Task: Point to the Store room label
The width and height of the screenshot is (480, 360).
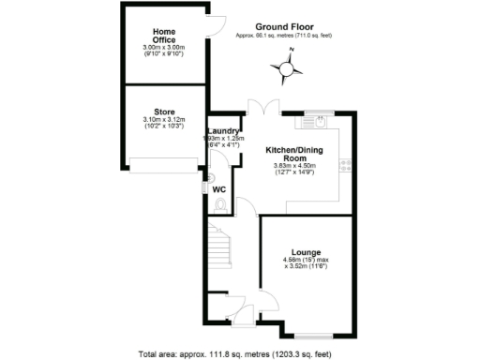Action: point(164,113)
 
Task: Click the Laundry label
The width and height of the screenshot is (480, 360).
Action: point(224,130)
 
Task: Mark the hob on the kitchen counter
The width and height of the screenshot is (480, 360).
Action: point(346,164)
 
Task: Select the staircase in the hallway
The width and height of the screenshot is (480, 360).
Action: point(217,247)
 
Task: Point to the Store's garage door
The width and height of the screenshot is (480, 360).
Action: point(164,172)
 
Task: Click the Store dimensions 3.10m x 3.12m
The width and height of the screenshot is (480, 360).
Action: point(164,123)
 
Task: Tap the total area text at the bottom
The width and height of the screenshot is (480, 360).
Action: point(240,353)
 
